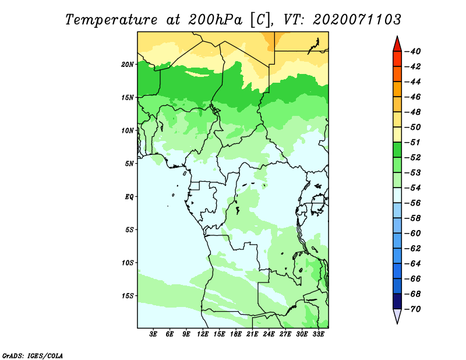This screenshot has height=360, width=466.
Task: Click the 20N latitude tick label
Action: point(127,65)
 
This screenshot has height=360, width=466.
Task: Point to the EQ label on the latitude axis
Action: point(129,196)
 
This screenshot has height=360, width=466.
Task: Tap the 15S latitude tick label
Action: point(128,296)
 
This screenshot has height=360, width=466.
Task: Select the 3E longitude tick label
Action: point(153,334)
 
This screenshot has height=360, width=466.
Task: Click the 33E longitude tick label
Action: point(318,334)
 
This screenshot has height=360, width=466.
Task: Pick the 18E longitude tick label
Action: point(236,334)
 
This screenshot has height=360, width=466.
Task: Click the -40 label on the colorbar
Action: point(413,51)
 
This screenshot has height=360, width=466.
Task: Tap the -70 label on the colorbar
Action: point(413,309)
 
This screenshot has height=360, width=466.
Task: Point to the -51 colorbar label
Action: point(413,142)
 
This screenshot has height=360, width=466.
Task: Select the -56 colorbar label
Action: point(413,203)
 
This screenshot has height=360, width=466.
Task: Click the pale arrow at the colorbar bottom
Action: point(397,316)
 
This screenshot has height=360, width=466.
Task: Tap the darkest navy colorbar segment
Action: point(397,301)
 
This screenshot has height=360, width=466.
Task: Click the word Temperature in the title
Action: point(111,20)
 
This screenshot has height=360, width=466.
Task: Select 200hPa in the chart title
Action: point(215,20)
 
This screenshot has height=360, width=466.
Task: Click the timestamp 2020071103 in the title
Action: point(357,20)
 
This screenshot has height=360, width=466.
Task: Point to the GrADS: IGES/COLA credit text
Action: point(33,356)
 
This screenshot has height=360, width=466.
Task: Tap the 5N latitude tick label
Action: point(129,164)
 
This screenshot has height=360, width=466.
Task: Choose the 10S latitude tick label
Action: point(128,263)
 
